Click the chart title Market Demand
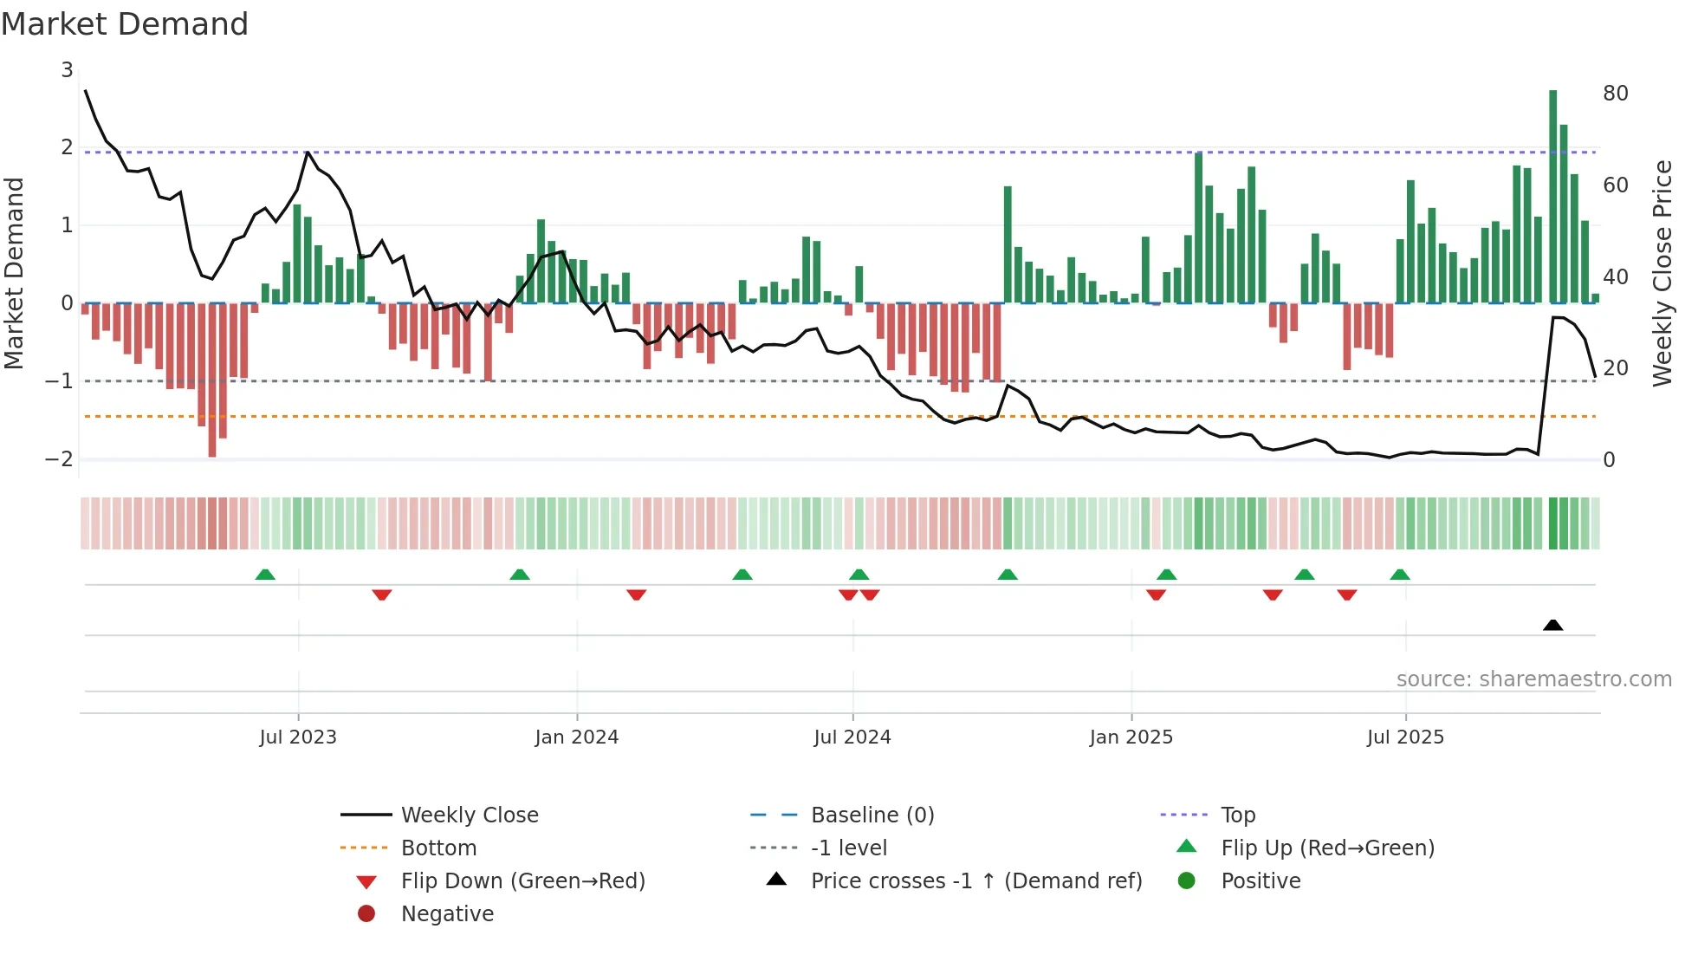click(125, 24)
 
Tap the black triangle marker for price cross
click(1553, 625)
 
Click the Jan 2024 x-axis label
click(576, 737)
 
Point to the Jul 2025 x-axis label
click(1405, 737)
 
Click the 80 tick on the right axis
click(1615, 94)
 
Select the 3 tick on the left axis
click(67, 70)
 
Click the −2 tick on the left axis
click(60, 459)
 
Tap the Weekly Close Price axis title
click(1662, 273)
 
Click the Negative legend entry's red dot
click(366, 914)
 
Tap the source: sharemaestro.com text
click(1533, 679)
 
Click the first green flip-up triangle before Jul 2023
click(265, 575)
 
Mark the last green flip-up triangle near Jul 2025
click(1400, 575)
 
